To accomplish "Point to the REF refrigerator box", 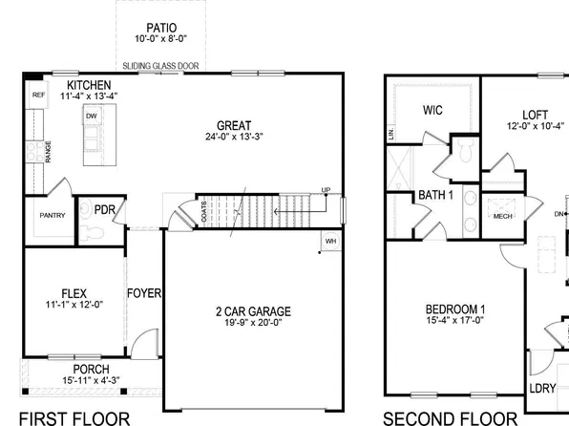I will (38, 96).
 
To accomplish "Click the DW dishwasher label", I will (93, 117).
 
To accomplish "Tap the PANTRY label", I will (53, 216).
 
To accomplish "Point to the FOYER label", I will (143, 293).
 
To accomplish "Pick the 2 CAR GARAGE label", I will (252, 311).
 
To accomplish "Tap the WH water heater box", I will (330, 241).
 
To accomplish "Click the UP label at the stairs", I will (325, 190).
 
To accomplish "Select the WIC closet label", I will (432, 110).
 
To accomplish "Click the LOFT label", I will (535, 113).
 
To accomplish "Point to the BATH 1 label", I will (435, 196).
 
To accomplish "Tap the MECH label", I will (502, 217).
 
